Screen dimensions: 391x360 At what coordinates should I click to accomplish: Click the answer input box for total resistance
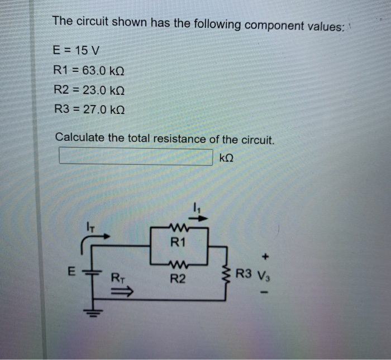pyautogui.click(x=136, y=157)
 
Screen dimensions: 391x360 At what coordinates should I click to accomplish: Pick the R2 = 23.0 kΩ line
pyautogui.click(x=89, y=90)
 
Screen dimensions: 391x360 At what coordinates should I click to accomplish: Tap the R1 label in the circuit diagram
pyautogui.click(x=178, y=243)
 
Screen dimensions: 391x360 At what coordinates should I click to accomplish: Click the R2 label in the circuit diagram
pyautogui.click(x=178, y=278)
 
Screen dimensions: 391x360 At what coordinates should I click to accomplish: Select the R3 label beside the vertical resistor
pyautogui.click(x=244, y=274)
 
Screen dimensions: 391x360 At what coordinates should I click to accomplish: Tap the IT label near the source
pyautogui.click(x=93, y=226)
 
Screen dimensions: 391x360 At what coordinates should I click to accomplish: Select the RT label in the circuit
pyautogui.click(x=118, y=276)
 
